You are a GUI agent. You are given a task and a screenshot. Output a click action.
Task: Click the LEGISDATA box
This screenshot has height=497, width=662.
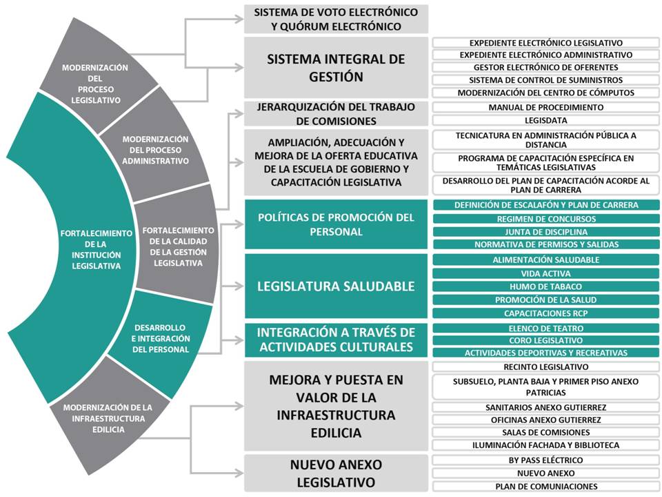(x=546, y=120)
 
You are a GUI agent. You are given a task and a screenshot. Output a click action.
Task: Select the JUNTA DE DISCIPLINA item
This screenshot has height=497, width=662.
(x=546, y=232)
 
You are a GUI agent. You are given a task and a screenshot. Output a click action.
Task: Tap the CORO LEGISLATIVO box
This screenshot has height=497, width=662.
(x=546, y=340)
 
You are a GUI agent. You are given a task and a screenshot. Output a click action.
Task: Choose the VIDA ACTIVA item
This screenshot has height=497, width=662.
(x=546, y=274)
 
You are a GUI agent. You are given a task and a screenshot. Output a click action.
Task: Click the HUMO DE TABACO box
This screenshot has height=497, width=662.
(x=546, y=286)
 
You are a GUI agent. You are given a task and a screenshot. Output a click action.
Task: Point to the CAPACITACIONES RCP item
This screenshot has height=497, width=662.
(x=546, y=313)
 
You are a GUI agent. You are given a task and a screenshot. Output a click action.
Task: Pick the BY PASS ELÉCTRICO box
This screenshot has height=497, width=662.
(x=546, y=460)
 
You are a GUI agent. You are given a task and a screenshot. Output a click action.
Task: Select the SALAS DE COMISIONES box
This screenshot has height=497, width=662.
(x=546, y=433)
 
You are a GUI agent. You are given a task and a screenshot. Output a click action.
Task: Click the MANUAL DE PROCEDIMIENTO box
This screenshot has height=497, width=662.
(x=546, y=108)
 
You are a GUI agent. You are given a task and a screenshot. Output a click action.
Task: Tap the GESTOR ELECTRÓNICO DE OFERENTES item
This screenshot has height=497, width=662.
(x=546, y=68)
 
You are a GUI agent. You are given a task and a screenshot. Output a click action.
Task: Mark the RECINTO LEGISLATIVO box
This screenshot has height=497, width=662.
(x=546, y=367)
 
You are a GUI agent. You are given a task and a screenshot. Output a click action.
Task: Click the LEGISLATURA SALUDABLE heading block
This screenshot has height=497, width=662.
(x=336, y=286)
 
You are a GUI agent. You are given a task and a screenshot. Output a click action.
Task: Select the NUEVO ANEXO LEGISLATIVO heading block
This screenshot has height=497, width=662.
(x=336, y=474)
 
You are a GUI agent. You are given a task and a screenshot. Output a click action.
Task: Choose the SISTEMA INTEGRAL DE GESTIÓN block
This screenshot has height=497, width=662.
(x=336, y=68)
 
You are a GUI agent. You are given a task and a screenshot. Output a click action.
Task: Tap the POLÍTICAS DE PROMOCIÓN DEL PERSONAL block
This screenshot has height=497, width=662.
(x=336, y=224)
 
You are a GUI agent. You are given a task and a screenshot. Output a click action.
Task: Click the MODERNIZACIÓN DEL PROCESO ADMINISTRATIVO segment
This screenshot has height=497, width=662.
(x=155, y=150)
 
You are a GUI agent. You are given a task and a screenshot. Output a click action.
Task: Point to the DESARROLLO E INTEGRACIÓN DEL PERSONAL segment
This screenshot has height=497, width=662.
(x=161, y=338)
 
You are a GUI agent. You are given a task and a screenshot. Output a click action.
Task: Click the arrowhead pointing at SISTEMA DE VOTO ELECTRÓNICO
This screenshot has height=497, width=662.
(x=239, y=19)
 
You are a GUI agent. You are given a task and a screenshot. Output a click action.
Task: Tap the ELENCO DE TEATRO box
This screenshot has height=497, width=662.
(x=546, y=329)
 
